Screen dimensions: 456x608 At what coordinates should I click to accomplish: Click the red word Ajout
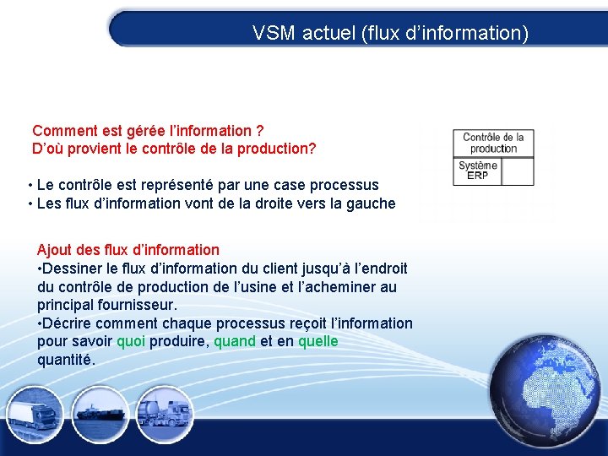click(54, 250)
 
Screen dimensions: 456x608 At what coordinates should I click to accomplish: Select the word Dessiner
click(74, 269)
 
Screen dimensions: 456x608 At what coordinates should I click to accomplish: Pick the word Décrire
click(69, 323)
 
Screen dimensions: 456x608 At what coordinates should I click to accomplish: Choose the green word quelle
click(318, 341)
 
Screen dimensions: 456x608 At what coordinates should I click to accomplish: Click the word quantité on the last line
click(65, 360)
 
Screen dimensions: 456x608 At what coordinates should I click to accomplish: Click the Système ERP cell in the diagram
click(477, 171)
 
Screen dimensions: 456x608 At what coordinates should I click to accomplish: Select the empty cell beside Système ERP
click(517, 171)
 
